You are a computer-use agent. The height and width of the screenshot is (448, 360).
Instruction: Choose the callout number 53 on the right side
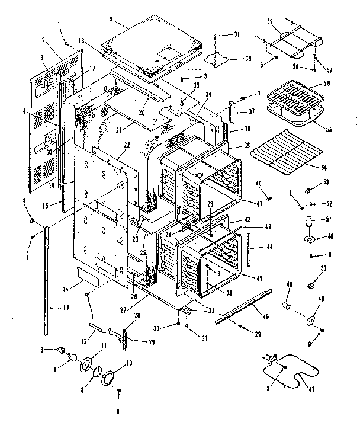coord(324,183)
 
